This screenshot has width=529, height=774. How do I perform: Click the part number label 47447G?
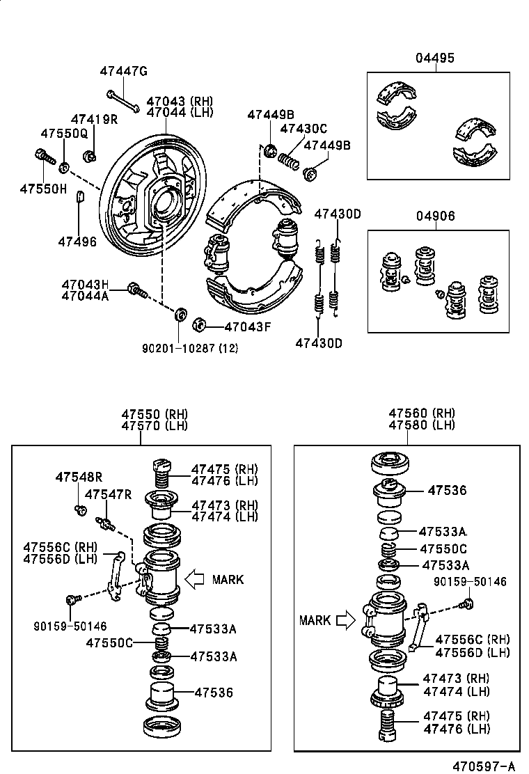pos(123,71)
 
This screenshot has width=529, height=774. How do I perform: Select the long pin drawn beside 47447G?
pos(123,101)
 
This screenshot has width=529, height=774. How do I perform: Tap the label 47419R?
pos(94,120)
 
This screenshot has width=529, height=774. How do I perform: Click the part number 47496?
pos(77,241)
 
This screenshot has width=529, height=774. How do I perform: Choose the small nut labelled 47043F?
pos(198,324)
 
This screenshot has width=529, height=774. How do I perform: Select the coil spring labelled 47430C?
pos(289,161)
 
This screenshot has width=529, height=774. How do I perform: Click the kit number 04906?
pos(436,216)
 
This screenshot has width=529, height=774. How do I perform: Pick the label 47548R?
pos(79,477)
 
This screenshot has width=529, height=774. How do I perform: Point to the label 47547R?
pos(108,494)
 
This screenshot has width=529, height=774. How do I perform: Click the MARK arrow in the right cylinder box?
pos(345,620)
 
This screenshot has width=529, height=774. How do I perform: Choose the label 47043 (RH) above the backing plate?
pos(180,101)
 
